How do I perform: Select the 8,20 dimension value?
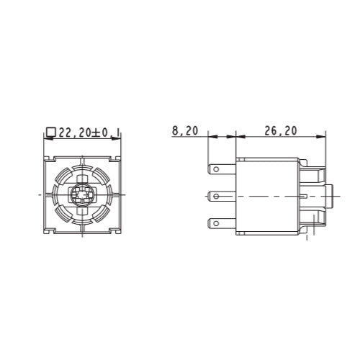point(185,131)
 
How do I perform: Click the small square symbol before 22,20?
point(50,132)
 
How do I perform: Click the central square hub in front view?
point(81,195)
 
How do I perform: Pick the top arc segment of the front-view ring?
point(81,170)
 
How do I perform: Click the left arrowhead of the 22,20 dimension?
point(47,140)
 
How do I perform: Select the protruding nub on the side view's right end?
point(330,195)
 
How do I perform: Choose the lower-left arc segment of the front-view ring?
point(63,213)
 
